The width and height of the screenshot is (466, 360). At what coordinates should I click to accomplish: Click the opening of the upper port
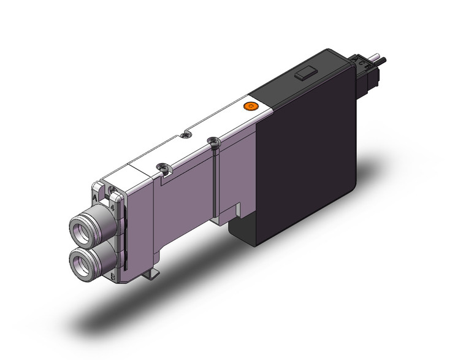(80, 226)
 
